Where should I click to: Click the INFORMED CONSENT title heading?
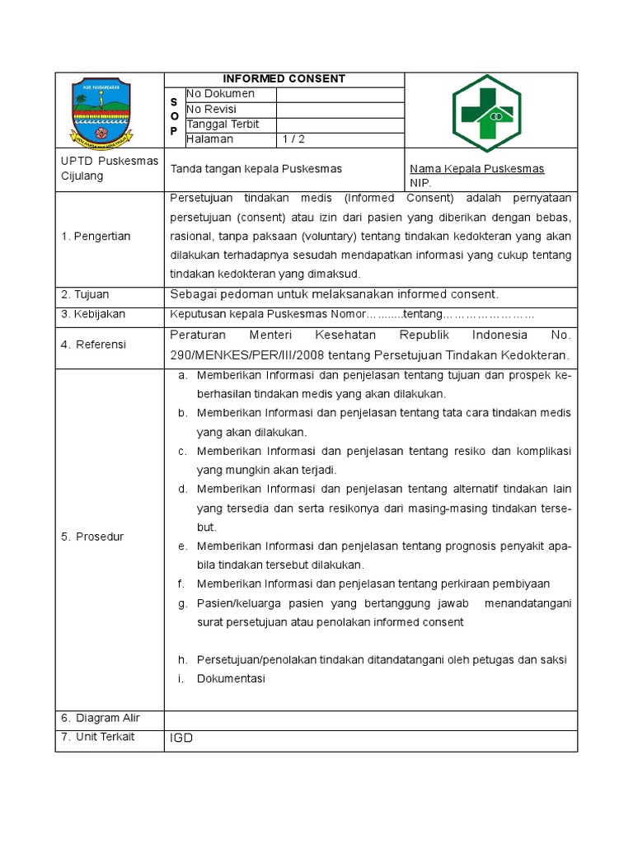point(284,79)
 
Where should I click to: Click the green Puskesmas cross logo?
point(486,112)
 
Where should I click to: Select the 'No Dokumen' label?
point(220,94)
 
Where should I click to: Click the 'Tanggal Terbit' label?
point(223,124)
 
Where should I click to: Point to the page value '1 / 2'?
point(293,139)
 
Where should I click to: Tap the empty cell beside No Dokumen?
point(340,94)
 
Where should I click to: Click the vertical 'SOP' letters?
point(174,116)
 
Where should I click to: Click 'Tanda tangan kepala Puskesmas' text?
point(256,169)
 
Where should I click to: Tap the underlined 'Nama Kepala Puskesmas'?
point(477,169)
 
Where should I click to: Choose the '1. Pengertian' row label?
point(95,237)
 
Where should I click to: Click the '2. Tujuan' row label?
point(85,294)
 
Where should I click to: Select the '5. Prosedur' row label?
point(91,537)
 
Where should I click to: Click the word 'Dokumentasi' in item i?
point(231,678)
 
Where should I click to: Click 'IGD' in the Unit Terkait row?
point(181,738)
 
